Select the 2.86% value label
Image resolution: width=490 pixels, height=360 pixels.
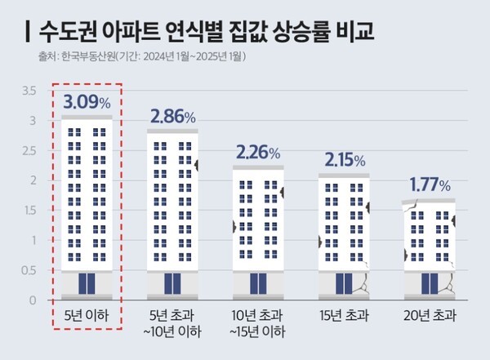(172, 116)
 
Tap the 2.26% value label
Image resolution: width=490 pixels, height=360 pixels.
(257, 152)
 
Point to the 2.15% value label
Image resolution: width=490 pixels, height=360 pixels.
(343, 159)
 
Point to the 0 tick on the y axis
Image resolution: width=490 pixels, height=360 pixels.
(33, 301)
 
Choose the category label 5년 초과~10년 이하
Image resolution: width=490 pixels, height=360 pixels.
(172, 323)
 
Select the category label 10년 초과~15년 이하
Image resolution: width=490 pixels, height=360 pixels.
(258, 323)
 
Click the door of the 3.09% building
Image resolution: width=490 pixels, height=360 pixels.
(87, 283)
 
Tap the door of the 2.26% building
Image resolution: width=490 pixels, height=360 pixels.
(258, 283)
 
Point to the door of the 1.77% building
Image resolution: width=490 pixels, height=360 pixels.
(430, 283)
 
